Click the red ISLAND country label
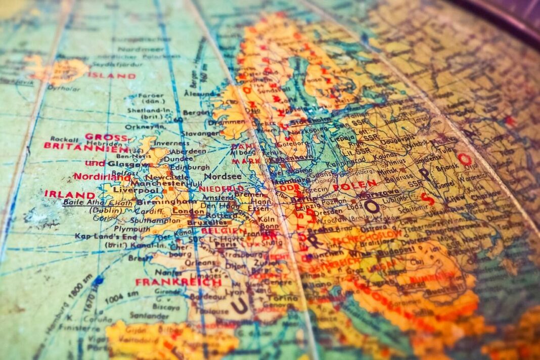[112, 76]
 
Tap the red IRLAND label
[69, 194]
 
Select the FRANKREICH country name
[178, 282]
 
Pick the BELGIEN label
[223, 231]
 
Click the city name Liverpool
[131, 189]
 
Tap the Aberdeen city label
[188, 151]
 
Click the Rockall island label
[64, 139]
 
